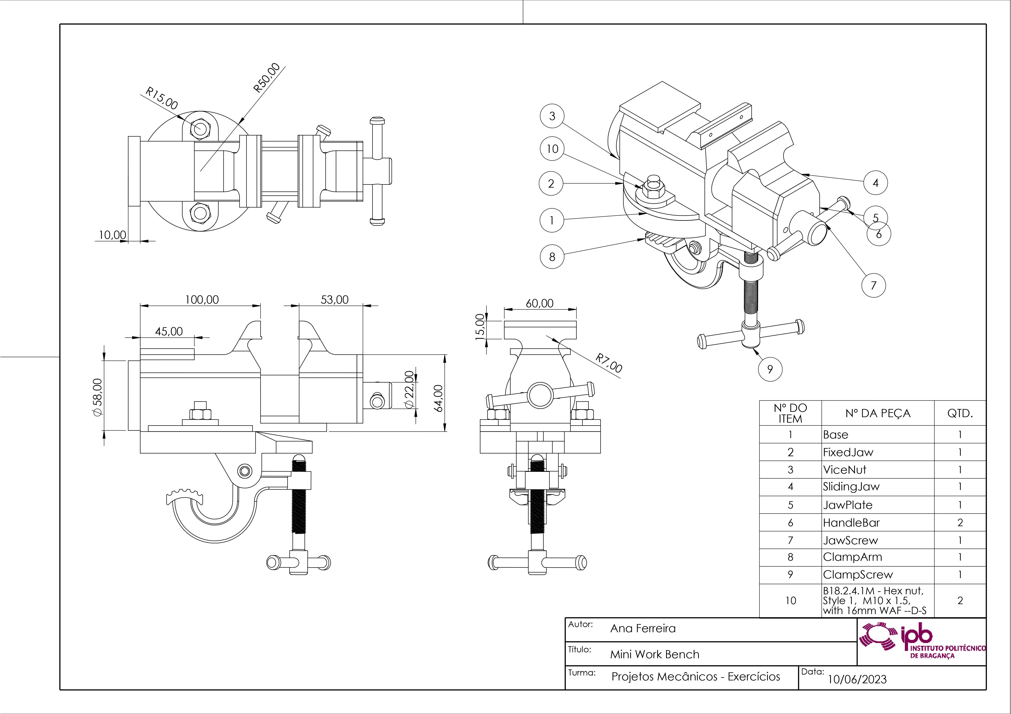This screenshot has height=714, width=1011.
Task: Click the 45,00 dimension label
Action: (x=169, y=331)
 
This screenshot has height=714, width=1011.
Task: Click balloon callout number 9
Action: (x=770, y=369)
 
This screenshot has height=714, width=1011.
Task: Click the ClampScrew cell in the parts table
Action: (x=858, y=575)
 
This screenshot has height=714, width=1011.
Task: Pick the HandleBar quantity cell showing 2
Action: (x=960, y=523)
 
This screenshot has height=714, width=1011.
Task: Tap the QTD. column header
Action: (x=960, y=413)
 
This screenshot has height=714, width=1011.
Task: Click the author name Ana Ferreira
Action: (x=643, y=628)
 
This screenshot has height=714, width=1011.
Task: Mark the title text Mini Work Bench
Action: (x=654, y=654)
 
